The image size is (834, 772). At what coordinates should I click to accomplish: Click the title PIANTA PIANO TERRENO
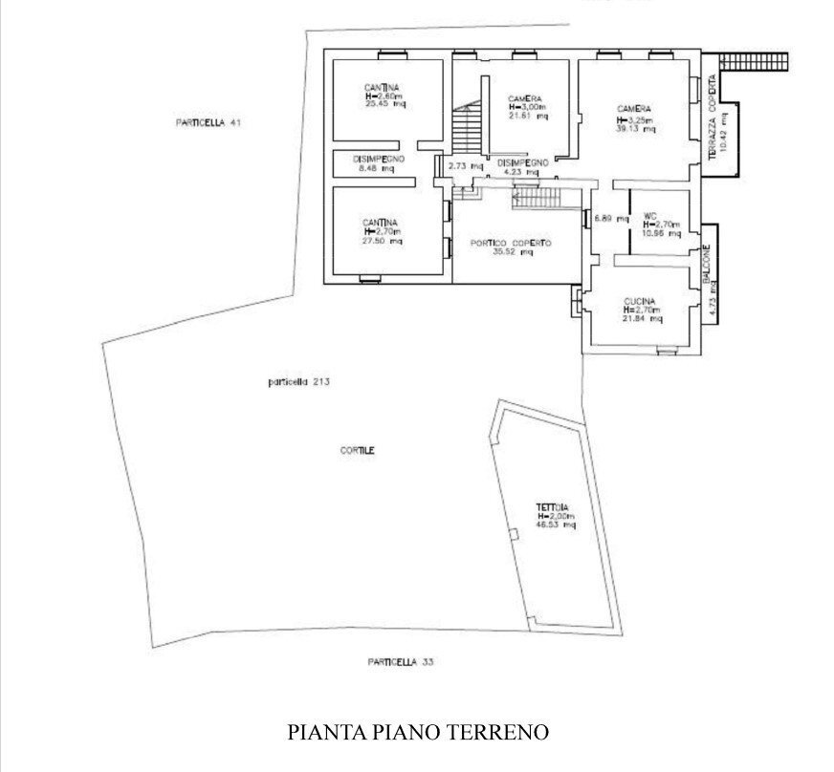[x=418, y=733]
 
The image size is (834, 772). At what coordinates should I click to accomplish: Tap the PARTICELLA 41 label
[x=206, y=123]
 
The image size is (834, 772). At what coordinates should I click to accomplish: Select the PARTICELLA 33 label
[x=404, y=661]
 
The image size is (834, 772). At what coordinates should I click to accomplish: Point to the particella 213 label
[x=298, y=382]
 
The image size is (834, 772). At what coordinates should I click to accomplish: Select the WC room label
[x=650, y=215]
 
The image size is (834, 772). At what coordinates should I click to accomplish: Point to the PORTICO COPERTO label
[x=511, y=243]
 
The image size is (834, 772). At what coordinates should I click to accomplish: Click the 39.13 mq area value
[x=635, y=129]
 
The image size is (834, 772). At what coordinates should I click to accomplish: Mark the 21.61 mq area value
[x=527, y=117]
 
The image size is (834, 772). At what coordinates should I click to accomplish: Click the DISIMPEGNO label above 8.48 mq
[x=380, y=159]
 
